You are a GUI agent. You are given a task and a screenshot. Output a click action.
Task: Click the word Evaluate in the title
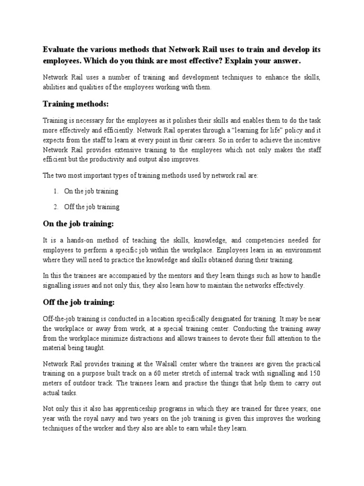pos(61,50)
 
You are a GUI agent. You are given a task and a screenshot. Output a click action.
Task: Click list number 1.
pos(55,191)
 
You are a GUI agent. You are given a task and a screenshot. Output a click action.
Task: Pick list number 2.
pos(55,207)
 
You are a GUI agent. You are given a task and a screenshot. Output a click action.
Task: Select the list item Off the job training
pos(92,207)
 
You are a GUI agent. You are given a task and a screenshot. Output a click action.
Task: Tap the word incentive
pos(305,140)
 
